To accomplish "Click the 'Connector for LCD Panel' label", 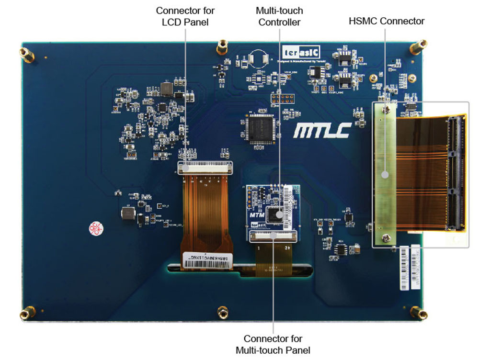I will click(185, 16).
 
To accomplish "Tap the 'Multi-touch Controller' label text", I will click(279, 16).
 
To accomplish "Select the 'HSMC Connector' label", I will click(386, 21).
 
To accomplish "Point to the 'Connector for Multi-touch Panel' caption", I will click(273, 344).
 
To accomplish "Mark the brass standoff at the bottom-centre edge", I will click(221, 313).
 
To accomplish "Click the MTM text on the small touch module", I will click(256, 216).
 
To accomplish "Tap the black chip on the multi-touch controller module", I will click(274, 214).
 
